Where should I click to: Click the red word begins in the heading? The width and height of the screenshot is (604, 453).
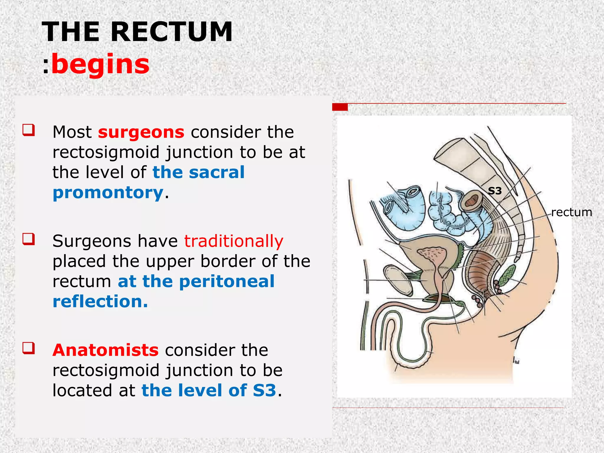click(x=100, y=64)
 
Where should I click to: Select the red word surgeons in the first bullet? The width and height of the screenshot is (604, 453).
click(x=141, y=132)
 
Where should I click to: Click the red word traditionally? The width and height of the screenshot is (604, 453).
click(x=234, y=241)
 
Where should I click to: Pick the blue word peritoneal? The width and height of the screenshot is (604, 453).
click(x=227, y=281)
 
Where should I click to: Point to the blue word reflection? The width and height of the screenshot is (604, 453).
click(x=100, y=301)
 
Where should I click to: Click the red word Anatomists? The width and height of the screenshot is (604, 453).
click(x=106, y=350)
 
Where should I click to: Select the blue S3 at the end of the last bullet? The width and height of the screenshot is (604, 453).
click(x=264, y=390)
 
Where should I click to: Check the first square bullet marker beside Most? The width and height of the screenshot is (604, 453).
click(x=29, y=130)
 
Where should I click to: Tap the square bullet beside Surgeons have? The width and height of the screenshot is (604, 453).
click(x=29, y=239)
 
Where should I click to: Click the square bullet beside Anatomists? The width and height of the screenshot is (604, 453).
click(x=29, y=348)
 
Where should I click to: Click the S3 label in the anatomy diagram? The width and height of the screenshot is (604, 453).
click(x=495, y=191)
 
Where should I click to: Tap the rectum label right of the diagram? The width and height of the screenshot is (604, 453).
click(x=571, y=212)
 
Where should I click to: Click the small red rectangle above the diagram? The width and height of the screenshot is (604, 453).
click(x=340, y=107)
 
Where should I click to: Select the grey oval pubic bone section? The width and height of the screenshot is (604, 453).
click(x=398, y=280)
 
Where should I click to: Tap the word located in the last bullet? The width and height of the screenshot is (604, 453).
click(x=83, y=390)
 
